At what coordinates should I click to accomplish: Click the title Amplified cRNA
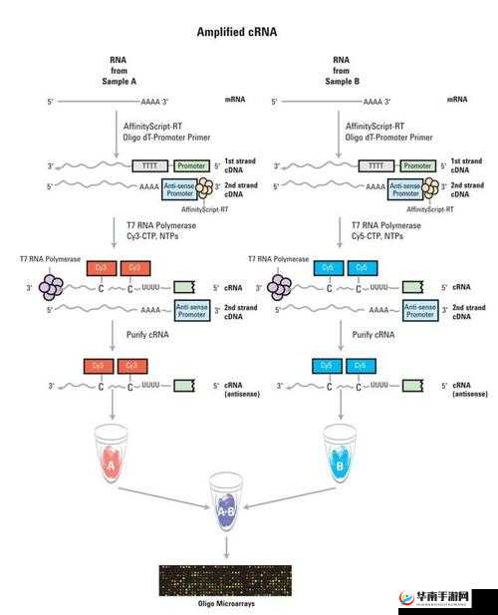coord(236,32)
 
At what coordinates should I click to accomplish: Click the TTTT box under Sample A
coord(151,165)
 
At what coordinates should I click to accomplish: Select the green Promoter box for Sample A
coord(191,165)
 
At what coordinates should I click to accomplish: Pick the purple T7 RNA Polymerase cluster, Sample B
coord(280,288)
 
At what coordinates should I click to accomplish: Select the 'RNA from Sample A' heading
coord(117,72)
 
